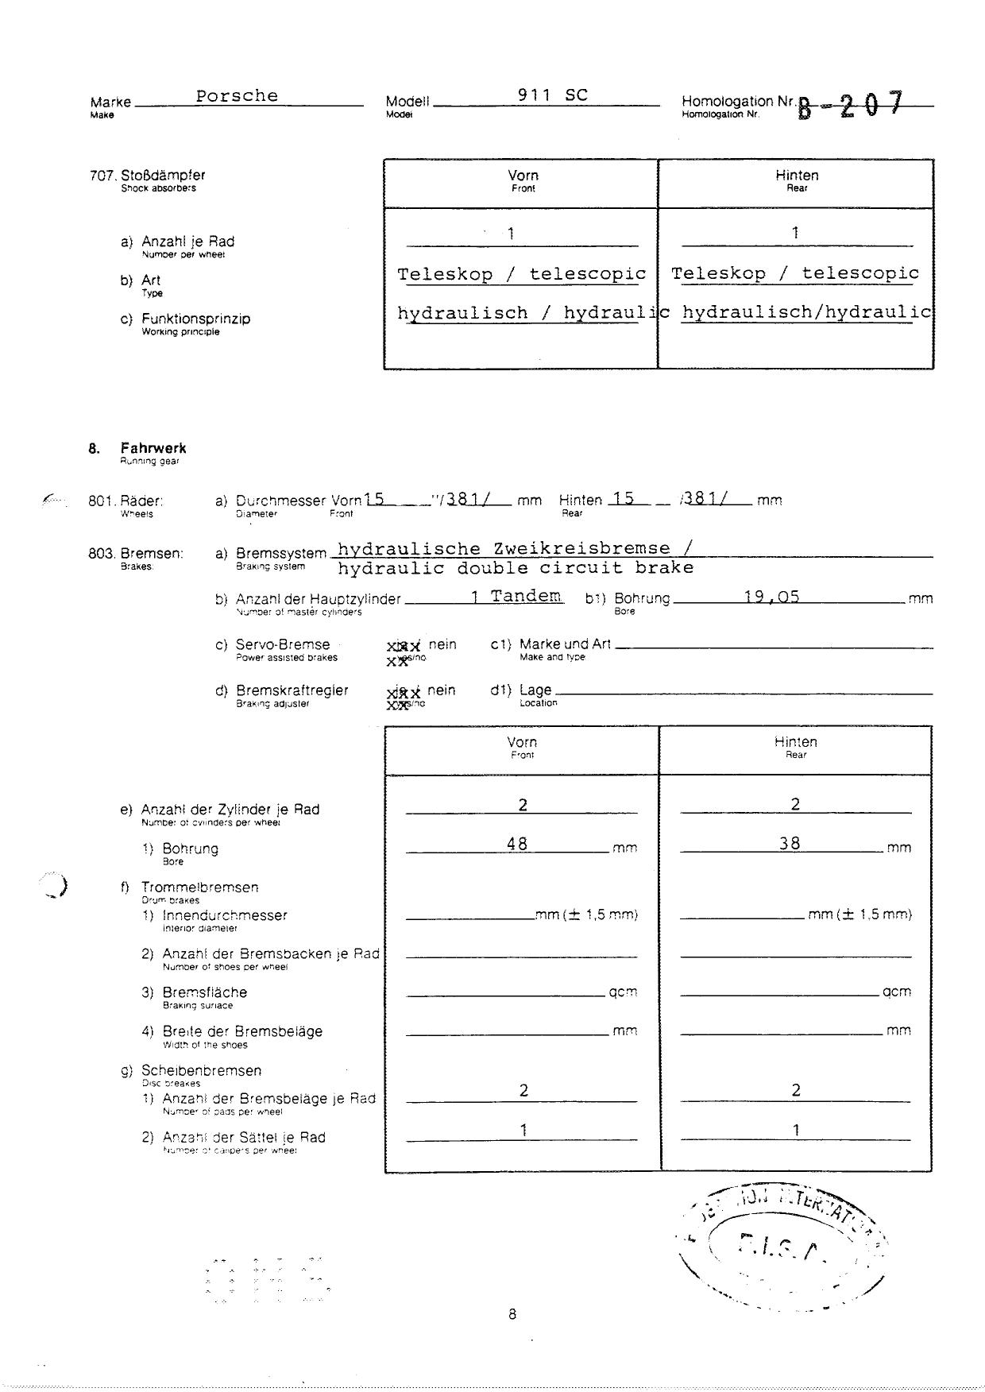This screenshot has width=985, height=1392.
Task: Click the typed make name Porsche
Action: pyautogui.click(x=237, y=96)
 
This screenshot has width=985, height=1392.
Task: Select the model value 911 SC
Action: pyautogui.click(x=552, y=95)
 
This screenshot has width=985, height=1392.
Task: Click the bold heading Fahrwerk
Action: pyautogui.click(x=153, y=449)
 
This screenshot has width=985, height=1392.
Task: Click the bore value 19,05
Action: pyautogui.click(x=771, y=597)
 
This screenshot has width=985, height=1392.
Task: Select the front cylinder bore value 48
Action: pyautogui.click(x=517, y=844)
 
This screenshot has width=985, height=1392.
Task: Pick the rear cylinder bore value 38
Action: pyautogui.click(x=790, y=844)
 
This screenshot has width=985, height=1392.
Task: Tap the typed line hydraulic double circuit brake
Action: pyautogui.click(x=516, y=568)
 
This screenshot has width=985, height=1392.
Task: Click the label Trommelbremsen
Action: pyautogui.click(x=199, y=887)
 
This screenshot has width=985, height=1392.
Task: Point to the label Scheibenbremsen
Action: pyautogui.click(x=201, y=1071)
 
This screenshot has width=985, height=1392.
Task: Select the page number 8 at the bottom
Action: pyautogui.click(x=512, y=1314)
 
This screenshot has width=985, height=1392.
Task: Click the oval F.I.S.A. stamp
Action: pyautogui.click(x=782, y=1247)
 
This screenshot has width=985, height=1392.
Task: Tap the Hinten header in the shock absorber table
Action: pyautogui.click(x=796, y=176)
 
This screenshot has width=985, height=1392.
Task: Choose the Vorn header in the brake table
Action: pyautogui.click(x=522, y=742)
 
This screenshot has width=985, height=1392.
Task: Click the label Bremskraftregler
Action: pyautogui.click(x=292, y=690)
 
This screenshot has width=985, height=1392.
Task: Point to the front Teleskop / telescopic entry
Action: pyautogui.click(x=521, y=274)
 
